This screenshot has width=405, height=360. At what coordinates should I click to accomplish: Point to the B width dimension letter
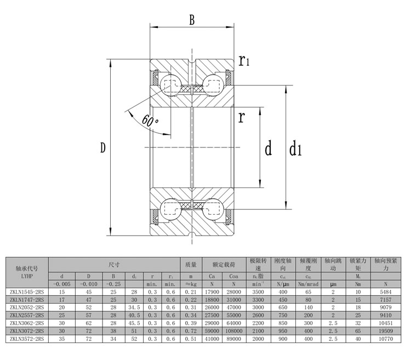tap(192, 21)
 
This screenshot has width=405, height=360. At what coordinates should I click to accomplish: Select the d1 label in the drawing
tap(295, 148)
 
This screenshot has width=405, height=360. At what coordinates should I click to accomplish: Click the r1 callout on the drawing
tap(244, 61)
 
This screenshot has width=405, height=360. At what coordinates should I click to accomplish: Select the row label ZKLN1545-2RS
tap(26, 293)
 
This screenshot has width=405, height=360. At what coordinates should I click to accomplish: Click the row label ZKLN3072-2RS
tap(26, 332)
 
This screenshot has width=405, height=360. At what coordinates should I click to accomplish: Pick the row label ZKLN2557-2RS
tap(26, 316)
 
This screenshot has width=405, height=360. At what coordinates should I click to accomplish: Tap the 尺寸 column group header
tap(114, 265)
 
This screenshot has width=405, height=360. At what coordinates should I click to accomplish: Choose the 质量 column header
tap(191, 265)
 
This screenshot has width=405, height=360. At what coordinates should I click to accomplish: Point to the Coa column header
tap(234, 276)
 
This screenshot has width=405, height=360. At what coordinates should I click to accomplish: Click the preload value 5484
tap(385, 293)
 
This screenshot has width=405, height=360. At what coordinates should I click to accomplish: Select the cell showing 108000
tap(234, 332)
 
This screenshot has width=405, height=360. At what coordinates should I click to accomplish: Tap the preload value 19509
tap(385, 332)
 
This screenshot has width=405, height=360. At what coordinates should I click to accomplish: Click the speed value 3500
tap(258, 293)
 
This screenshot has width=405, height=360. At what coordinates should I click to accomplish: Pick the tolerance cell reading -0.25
tap(114, 284)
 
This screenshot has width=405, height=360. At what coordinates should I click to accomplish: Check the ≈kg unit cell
tap(191, 284)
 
